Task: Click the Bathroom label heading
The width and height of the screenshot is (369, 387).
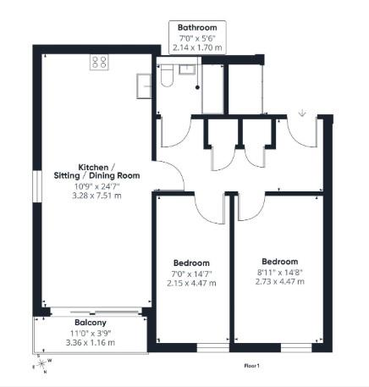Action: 197,28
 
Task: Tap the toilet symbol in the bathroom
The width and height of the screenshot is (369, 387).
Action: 167,75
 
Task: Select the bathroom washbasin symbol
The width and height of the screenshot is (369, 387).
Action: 187,69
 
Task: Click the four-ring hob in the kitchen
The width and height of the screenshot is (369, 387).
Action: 99,62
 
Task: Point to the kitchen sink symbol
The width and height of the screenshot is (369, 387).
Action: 144,86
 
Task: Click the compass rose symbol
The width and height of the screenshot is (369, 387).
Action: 41,363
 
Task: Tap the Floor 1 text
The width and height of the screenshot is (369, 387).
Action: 251,366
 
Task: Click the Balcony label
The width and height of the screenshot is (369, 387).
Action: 91,323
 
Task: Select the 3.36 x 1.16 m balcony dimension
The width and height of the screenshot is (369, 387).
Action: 91,343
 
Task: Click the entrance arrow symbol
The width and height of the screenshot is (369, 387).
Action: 302,113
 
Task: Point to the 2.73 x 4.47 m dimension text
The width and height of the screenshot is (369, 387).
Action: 280,281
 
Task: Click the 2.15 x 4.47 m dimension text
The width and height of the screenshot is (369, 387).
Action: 191,283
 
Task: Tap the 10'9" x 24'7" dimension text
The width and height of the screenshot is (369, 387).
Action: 97,186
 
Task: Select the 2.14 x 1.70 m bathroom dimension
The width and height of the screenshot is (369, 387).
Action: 197,47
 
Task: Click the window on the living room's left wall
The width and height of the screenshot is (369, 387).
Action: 37,186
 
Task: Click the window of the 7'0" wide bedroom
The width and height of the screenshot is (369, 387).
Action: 213,348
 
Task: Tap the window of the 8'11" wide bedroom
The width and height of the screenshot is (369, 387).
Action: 296,348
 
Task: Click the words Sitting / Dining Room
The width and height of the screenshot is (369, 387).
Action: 96,175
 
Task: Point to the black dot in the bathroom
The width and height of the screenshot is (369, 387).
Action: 197,87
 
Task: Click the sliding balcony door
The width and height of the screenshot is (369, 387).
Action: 96,312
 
